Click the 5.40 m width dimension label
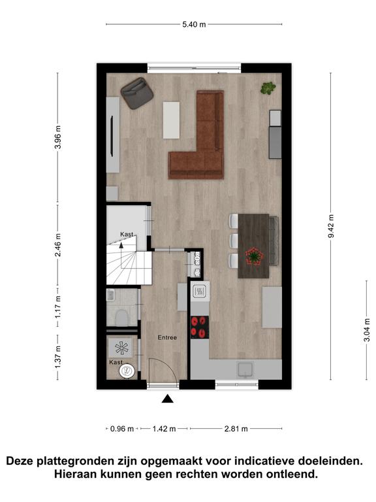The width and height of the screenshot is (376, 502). coord(194,24)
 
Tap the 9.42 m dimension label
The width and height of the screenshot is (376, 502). coord(331,226)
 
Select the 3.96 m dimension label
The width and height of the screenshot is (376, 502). coord(58,137)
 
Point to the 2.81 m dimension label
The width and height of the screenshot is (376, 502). coord(236,429)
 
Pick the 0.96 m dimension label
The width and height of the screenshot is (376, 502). coord(122,429)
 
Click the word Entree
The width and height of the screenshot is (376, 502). coord(167,337)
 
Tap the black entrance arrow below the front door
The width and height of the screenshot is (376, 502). coord(168,399)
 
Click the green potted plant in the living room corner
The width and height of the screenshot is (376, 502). coord(268,88)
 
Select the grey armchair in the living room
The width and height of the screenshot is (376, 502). coord(137,93)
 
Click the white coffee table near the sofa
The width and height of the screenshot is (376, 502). coord(172,120)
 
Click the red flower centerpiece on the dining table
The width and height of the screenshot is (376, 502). coord(255,256)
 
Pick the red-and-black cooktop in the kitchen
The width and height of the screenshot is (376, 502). coord(200,327)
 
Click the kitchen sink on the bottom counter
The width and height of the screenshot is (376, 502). coord(245,369)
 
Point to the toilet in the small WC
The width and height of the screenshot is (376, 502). coord(121,318)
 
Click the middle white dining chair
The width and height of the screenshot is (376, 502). coord(234,241)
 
